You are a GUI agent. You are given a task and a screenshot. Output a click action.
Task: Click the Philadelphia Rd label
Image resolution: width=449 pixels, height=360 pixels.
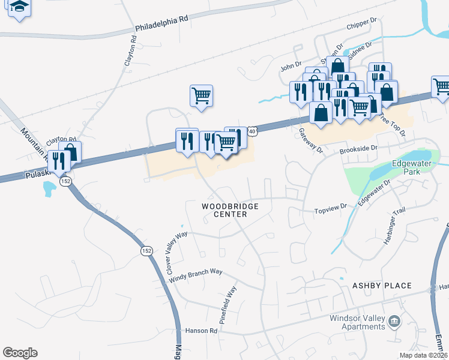pos(161,23)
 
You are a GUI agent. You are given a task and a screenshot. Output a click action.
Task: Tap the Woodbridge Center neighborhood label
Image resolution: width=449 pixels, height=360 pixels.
pos(230,210)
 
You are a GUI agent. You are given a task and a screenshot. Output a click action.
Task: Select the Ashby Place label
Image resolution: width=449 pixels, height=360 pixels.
pos(382,286)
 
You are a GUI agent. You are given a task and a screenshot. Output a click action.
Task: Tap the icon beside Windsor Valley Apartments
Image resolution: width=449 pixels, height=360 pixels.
pos(394,322)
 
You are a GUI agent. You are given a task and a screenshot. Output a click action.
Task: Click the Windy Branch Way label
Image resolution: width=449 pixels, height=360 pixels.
pos(196,275)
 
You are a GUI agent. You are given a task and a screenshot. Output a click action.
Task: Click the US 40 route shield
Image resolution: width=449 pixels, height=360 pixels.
pos(251,130)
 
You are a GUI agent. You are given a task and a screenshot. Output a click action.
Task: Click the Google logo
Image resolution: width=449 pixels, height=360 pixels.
pos(20,353)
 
